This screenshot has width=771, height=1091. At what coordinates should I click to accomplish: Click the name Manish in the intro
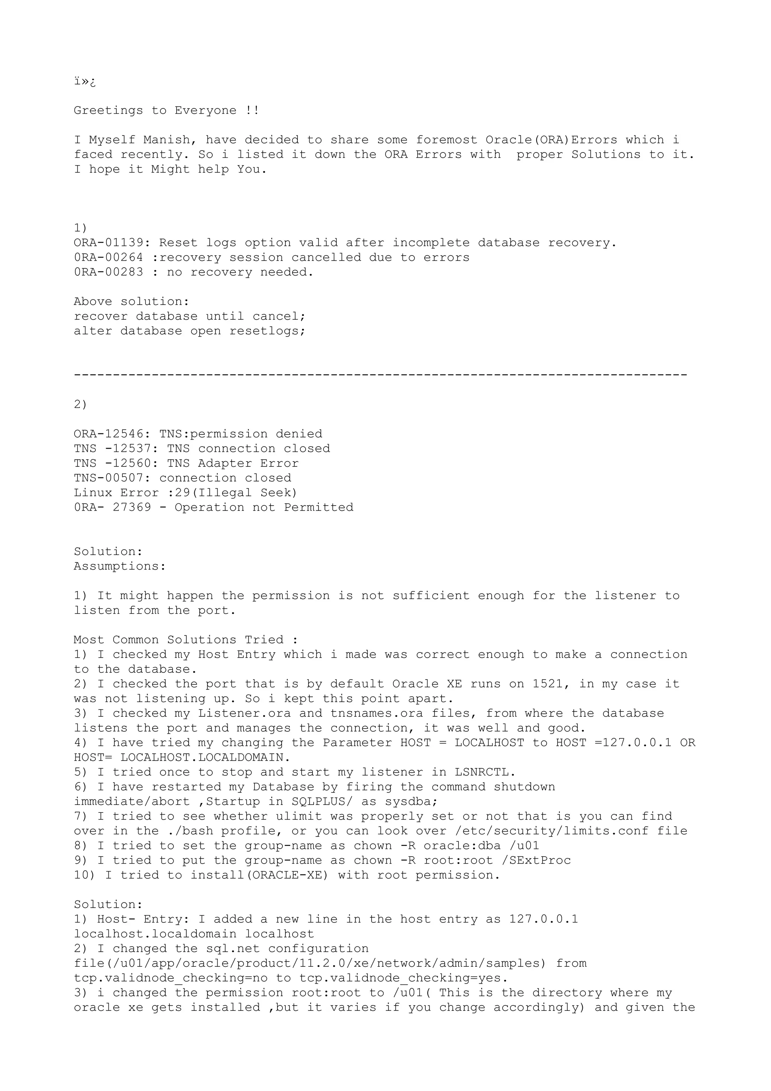click(167, 140)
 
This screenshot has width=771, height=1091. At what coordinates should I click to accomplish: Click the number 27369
click(132, 507)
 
